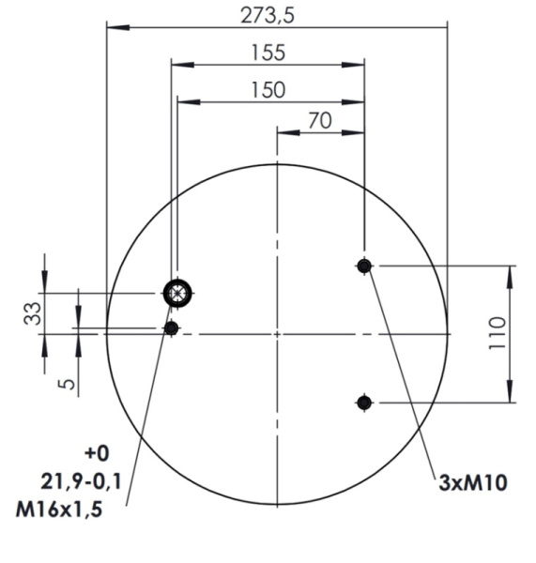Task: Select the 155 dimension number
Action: click(x=268, y=53)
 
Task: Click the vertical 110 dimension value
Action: click(x=498, y=334)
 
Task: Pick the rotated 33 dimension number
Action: click(x=32, y=312)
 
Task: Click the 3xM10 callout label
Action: click(x=474, y=484)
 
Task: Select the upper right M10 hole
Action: click(x=364, y=266)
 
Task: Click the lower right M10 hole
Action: click(x=364, y=403)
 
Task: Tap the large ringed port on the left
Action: click(x=176, y=294)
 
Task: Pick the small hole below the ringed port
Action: click(x=171, y=327)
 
